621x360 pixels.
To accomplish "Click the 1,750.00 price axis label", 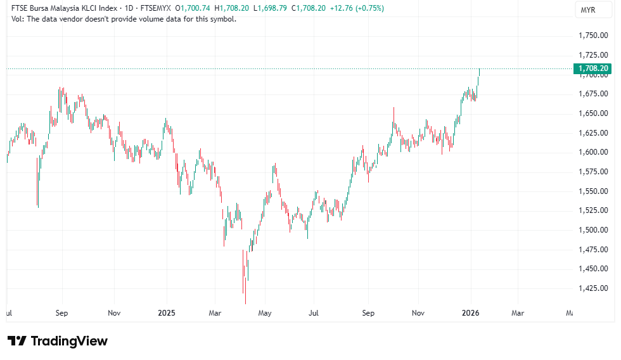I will [594, 35].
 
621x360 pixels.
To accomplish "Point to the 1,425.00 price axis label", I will [594, 288].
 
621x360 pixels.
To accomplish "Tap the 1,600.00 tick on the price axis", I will [594, 152].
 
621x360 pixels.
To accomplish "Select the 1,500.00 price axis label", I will [594, 229].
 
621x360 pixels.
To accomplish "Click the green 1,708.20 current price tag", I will [593, 68].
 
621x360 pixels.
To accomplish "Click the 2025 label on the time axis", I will [166, 313].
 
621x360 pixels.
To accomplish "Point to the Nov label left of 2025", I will [114, 313].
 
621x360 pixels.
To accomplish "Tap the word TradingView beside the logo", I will [69, 341].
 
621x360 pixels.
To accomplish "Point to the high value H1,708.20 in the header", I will [233, 8].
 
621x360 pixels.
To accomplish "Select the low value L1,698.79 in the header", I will [271, 8].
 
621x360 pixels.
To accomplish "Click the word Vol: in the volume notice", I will [18, 19].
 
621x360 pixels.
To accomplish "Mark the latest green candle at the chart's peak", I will [479, 73].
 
